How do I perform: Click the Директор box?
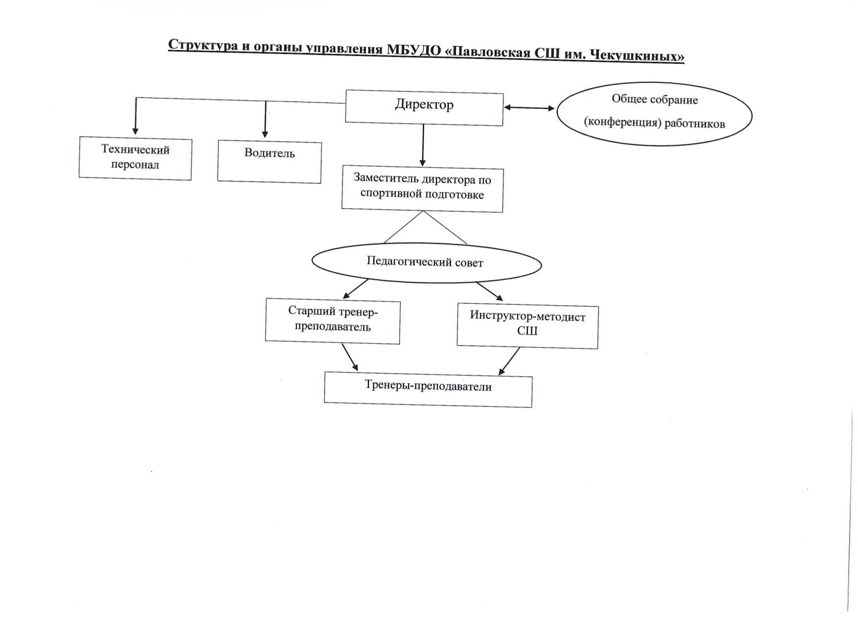click(x=424, y=107)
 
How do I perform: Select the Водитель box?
click(x=270, y=162)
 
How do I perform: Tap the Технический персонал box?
click(x=135, y=158)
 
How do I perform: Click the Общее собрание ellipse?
click(x=655, y=114)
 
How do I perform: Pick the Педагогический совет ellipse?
click(x=427, y=263)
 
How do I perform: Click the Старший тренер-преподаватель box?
click(x=333, y=322)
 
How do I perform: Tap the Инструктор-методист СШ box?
click(x=527, y=326)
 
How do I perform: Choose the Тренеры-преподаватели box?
click(x=428, y=389)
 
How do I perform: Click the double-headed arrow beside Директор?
click(x=530, y=108)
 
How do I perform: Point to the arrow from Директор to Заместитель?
click(x=423, y=146)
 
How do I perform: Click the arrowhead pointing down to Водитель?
click(x=265, y=134)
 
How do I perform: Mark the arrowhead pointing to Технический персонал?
click(x=135, y=130)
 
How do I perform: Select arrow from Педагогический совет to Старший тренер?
click(x=356, y=289)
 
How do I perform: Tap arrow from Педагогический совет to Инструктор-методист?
click(x=490, y=291)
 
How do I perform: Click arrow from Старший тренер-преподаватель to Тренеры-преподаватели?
click(x=350, y=357)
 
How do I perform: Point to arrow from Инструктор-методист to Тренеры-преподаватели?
click(x=509, y=361)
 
